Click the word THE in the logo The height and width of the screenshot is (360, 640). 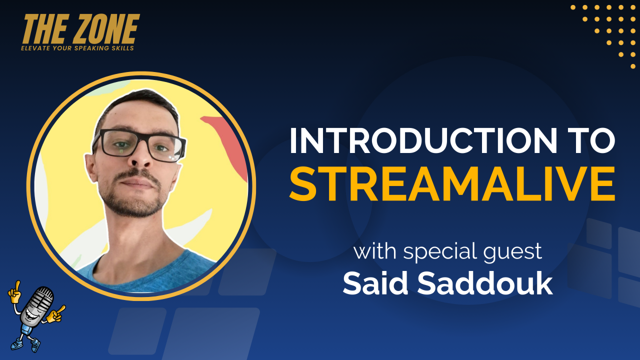pos(45,29)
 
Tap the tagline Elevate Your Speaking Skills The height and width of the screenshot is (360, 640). pos(77,48)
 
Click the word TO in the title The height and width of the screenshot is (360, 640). pos(591,141)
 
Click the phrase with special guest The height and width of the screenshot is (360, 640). pos(447,251)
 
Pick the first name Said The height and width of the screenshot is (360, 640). pos(375,283)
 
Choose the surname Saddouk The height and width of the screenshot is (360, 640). pos(485,283)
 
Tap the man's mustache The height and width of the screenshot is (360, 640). pos(136,174)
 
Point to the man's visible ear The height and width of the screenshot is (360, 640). pos(91,168)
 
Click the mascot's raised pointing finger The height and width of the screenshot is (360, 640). pos(17,285)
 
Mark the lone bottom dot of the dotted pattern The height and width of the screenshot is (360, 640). pos(633,66)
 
